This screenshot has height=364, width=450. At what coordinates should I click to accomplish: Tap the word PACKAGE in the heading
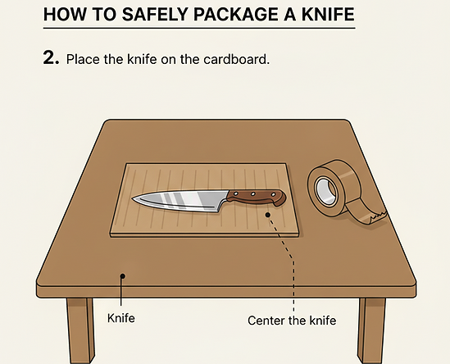234,15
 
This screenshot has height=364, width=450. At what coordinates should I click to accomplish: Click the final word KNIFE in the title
326,15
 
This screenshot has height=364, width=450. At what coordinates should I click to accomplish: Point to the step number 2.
52,57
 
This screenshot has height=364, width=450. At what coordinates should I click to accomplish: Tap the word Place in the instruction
83,59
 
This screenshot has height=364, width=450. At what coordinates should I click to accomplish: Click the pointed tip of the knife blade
132,198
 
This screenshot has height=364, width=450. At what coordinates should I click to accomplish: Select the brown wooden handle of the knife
257,198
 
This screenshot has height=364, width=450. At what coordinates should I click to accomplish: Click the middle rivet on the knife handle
252,194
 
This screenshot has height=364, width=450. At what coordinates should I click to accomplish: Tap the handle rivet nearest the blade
236,193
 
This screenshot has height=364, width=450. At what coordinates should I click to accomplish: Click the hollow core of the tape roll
326,191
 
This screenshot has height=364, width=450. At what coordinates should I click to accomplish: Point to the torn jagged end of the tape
378,216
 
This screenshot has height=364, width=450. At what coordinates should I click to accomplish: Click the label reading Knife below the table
121,318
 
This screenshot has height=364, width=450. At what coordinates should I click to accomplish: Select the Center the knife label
292,321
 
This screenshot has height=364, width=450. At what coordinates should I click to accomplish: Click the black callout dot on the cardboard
268,215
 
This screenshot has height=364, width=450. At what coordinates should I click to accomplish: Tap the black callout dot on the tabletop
123,276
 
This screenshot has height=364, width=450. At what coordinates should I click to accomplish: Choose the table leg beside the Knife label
80,330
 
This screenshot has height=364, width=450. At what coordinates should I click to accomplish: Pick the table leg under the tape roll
371,330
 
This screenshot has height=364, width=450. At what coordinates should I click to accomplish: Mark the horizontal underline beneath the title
199,28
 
